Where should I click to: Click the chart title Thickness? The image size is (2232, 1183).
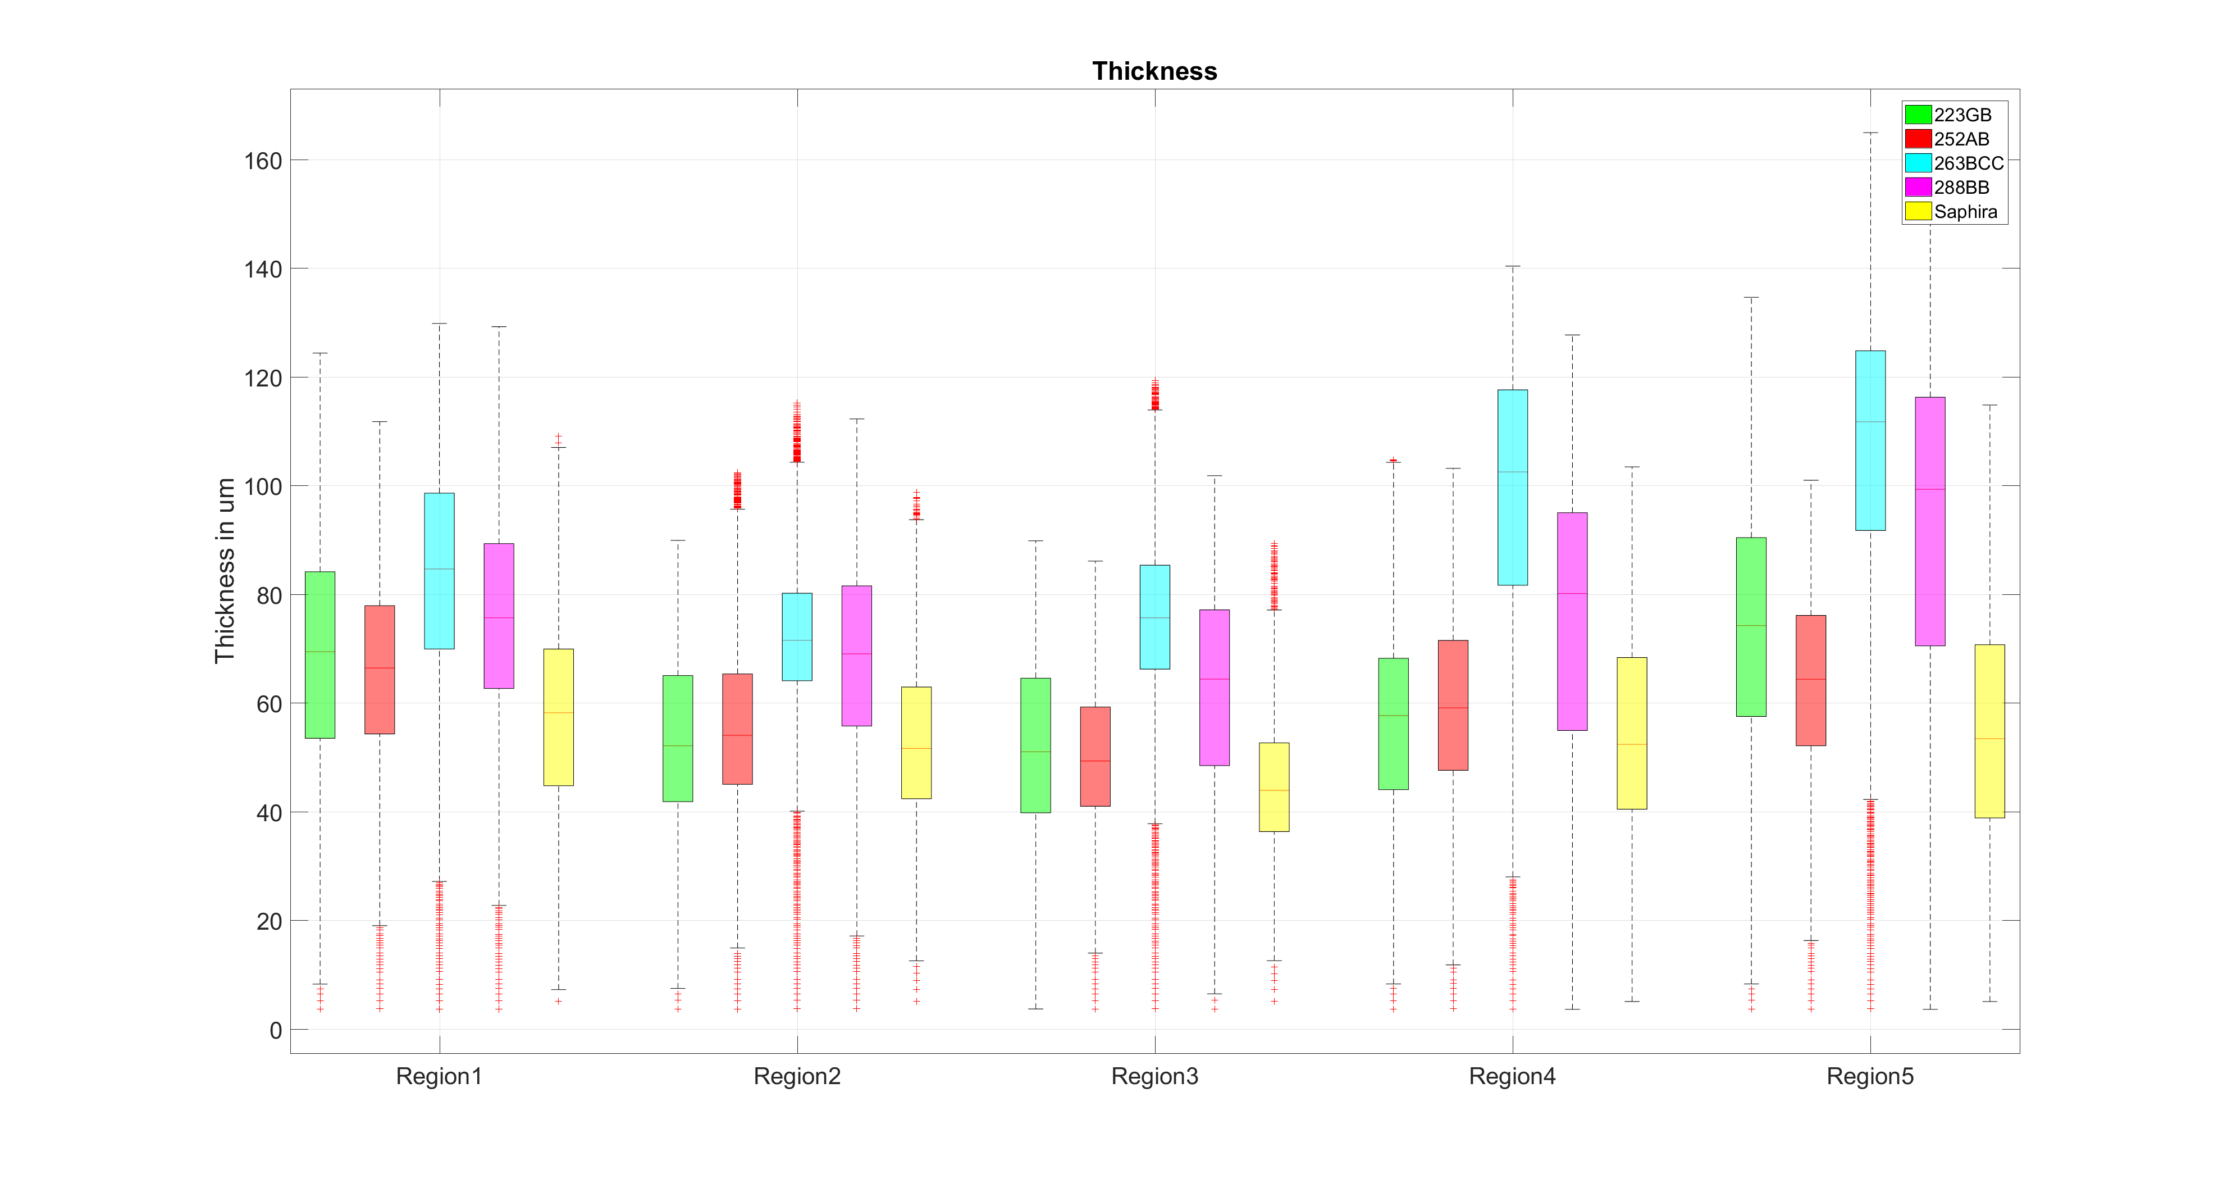click(1154, 71)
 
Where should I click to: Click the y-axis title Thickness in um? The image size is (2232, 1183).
click(225, 570)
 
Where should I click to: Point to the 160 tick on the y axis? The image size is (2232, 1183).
click(263, 161)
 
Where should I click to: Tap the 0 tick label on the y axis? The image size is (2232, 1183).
click(276, 1030)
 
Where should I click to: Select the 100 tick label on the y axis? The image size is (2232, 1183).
click(263, 487)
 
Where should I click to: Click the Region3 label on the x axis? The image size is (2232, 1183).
click(1154, 1076)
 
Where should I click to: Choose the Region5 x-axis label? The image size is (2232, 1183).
click(1870, 1076)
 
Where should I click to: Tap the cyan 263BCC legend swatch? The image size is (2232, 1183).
click(1918, 163)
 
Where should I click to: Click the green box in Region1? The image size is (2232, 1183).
click(319, 654)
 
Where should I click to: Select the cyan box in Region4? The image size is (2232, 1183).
click(1512, 487)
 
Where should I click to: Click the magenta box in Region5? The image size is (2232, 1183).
click(1929, 521)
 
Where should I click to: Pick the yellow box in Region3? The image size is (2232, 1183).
click(1274, 787)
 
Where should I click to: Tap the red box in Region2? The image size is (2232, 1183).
click(737, 729)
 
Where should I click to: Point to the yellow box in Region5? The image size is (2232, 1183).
click(1989, 731)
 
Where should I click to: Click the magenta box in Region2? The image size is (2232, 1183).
click(856, 655)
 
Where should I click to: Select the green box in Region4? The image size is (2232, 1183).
click(1393, 724)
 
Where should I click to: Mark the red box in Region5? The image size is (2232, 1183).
click(1811, 680)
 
